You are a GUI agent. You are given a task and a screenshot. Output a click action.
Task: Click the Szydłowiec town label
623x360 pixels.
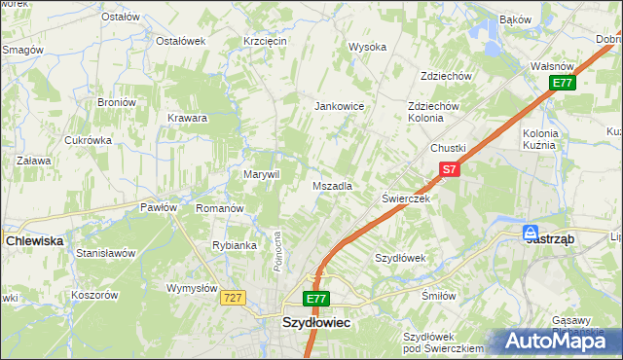(x=316, y=320)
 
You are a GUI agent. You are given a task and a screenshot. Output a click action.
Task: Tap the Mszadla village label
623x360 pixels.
(x=332, y=185)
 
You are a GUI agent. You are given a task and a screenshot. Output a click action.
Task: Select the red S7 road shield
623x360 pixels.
(x=447, y=169)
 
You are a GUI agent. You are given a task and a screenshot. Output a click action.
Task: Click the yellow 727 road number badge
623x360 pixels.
(x=232, y=299)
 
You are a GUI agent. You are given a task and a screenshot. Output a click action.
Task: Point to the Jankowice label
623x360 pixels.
(x=339, y=107)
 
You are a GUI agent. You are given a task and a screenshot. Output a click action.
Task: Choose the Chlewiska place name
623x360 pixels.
(x=34, y=239)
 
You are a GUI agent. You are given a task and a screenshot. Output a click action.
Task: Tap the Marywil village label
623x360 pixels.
(x=261, y=174)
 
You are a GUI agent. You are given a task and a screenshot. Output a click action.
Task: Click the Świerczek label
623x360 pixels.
(x=405, y=198)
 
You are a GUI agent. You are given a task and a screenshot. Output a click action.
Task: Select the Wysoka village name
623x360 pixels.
(x=368, y=47)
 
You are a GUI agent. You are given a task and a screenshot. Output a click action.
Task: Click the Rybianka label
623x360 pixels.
(x=234, y=245)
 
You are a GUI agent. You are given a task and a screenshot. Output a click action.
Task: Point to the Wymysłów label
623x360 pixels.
(x=190, y=288)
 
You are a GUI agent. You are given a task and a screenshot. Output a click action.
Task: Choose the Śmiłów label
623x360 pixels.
(x=438, y=297)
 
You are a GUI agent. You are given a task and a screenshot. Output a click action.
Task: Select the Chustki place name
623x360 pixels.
(x=449, y=148)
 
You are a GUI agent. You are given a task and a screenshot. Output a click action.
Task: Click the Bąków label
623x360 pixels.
(x=514, y=18)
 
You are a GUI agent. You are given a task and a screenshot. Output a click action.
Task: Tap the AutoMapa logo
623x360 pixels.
(x=558, y=341)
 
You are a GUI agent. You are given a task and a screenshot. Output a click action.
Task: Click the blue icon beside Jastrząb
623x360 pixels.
(x=531, y=234)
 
